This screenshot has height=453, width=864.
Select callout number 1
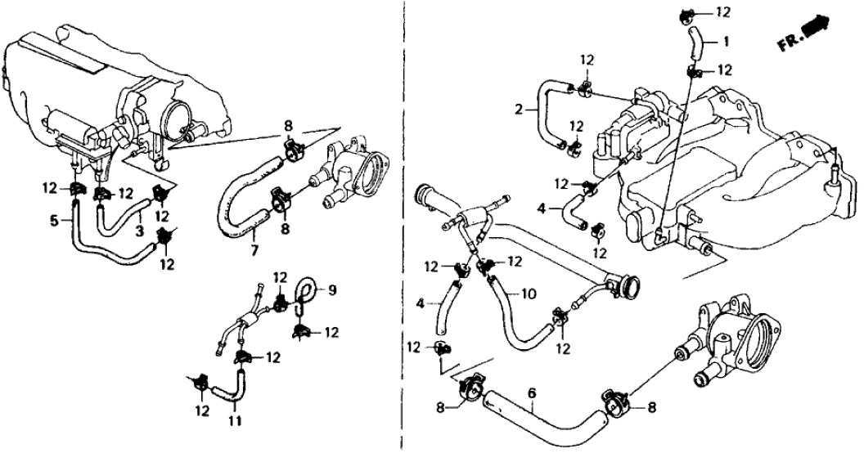(x=726, y=39)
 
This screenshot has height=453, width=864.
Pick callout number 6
(x=533, y=393)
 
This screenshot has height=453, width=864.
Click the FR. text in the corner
(x=790, y=43)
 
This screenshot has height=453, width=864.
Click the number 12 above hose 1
(x=722, y=11)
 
